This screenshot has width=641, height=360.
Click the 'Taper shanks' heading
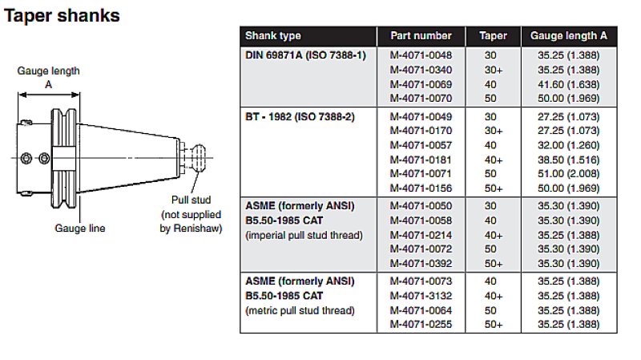click(62, 15)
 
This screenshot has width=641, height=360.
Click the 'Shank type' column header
click(273, 36)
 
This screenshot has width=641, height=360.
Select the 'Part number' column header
click(421, 36)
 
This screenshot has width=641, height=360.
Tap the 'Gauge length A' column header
click(569, 36)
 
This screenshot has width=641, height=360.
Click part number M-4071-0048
click(421, 55)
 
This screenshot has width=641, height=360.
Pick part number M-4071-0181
click(421, 160)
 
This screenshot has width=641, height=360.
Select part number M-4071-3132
click(421, 296)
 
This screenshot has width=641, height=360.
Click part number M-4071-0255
click(421, 325)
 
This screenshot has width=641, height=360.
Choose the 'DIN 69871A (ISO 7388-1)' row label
click(304, 55)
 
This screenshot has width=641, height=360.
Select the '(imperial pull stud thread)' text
click(304, 235)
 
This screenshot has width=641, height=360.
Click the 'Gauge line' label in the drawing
click(79, 229)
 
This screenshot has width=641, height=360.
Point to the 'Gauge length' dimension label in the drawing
click(49, 71)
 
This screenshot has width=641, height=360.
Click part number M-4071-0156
click(421, 188)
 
